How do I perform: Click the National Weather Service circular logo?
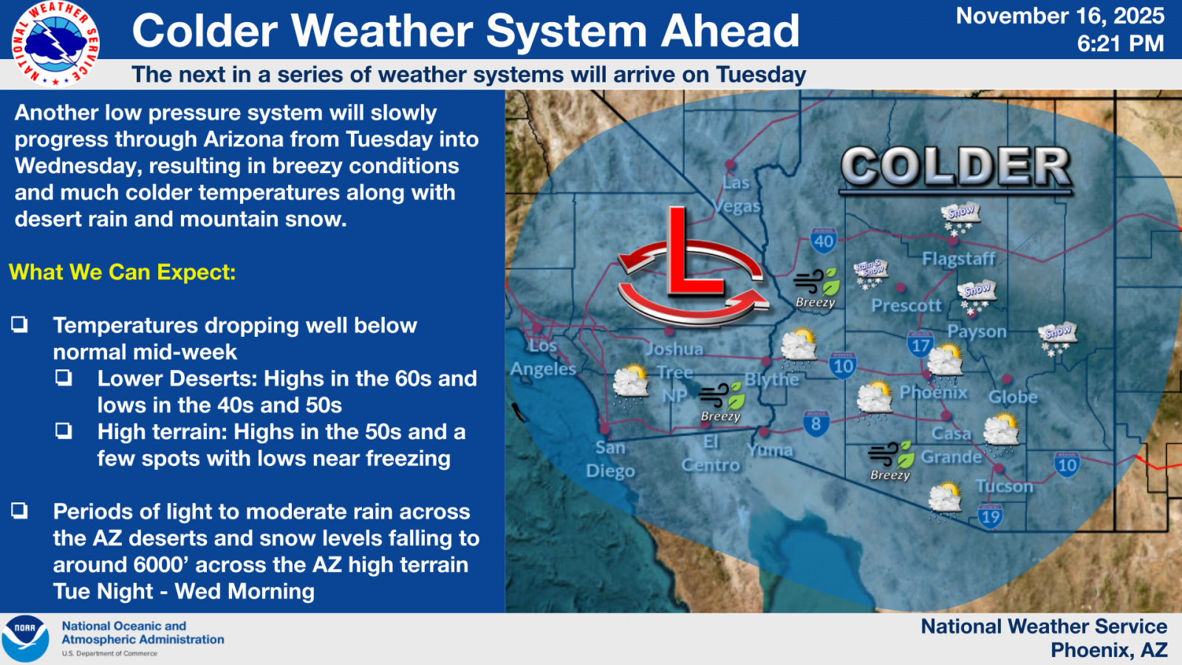[x=55, y=44]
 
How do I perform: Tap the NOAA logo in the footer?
[x=25, y=638]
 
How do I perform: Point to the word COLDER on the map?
[x=956, y=166]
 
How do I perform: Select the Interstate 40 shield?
[x=824, y=241]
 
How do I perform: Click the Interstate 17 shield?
[x=920, y=344]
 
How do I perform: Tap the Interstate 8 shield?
[x=816, y=423]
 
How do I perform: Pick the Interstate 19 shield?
[x=991, y=516]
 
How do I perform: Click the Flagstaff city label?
[x=958, y=259]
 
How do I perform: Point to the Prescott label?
[x=906, y=305]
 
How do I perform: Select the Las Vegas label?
[x=737, y=194]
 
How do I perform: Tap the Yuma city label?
[x=770, y=450]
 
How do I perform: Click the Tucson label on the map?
[x=1004, y=485]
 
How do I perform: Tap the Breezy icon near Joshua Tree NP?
[x=722, y=402]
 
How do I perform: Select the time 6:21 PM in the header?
[x=1120, y=44]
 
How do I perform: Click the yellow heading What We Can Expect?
[x=122, y=273]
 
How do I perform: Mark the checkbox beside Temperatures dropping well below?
[x=19, y=324]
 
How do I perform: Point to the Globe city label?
[x=1013, y=397]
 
